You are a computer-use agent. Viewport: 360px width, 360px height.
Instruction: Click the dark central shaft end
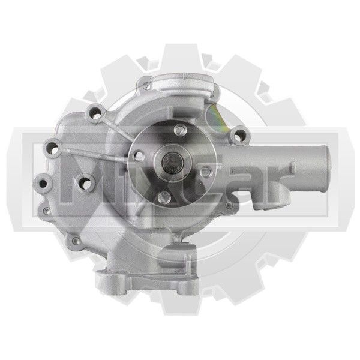click(x=173, y=163)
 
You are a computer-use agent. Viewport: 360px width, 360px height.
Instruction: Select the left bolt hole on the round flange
click(x=139, y=155)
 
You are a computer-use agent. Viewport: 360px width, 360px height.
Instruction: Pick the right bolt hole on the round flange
click(x=206, y=172)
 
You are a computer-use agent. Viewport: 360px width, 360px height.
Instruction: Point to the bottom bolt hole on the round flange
click(x=164, y=198)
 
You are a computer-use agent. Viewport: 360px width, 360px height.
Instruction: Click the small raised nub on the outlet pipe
click(x=293, y=167)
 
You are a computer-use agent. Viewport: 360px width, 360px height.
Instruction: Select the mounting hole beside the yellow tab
click(x=239, y=135)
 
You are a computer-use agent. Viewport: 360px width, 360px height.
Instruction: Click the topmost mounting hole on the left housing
click(x=95, y=113)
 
